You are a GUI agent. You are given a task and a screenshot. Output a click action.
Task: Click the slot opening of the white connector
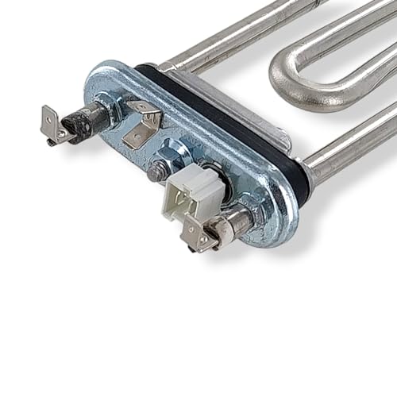coord(187,199)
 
